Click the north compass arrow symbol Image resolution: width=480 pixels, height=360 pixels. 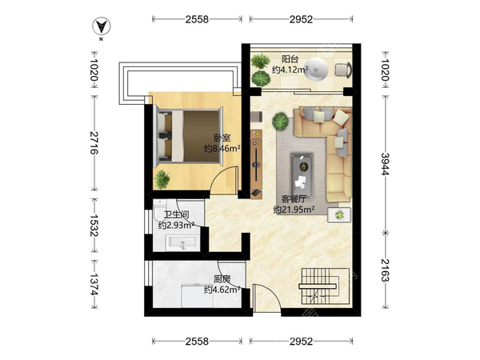click(x=102, y=26)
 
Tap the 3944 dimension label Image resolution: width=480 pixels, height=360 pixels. click(x=385, y=164)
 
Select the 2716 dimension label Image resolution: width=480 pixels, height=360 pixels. click(x=94, y=142)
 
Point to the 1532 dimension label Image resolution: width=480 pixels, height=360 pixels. click(x=94, y=226)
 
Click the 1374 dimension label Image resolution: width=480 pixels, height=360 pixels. click(x=94, y=284)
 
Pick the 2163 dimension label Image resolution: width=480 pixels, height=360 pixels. click(x=385, y=270)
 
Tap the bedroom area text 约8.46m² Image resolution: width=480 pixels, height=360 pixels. click(x=222, y=149)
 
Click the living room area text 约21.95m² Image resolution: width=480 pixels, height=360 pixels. click(x=294, y=210)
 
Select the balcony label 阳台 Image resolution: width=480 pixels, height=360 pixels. click(x=290, y=58)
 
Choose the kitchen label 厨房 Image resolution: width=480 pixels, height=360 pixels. click(x=222, y=279)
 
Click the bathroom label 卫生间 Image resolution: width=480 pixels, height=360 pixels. click(x=176, y=215)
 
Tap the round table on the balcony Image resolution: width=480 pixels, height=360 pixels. click(x=316, y=69)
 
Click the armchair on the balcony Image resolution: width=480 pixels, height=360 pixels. click(x=343, y=70)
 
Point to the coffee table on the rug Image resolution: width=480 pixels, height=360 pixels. click(x=302, y=176)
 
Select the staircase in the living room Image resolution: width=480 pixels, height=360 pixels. click(x=324, y=287)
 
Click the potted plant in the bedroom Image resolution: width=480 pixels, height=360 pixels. click(x=162, y=178)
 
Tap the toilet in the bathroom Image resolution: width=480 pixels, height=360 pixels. click(x=160, y=210)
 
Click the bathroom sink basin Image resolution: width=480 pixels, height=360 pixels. click(x=182, y=243)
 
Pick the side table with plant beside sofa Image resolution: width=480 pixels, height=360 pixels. click(x=339, y=215)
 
